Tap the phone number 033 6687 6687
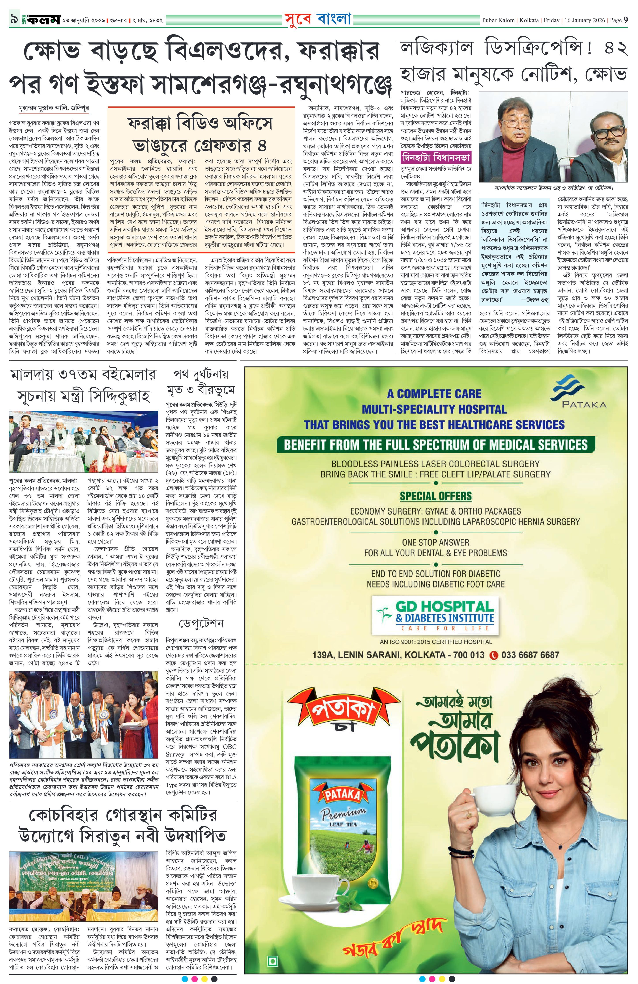(530, 655)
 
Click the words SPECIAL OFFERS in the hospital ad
(435, 496)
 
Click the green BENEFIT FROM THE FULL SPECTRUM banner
(435, 445)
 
